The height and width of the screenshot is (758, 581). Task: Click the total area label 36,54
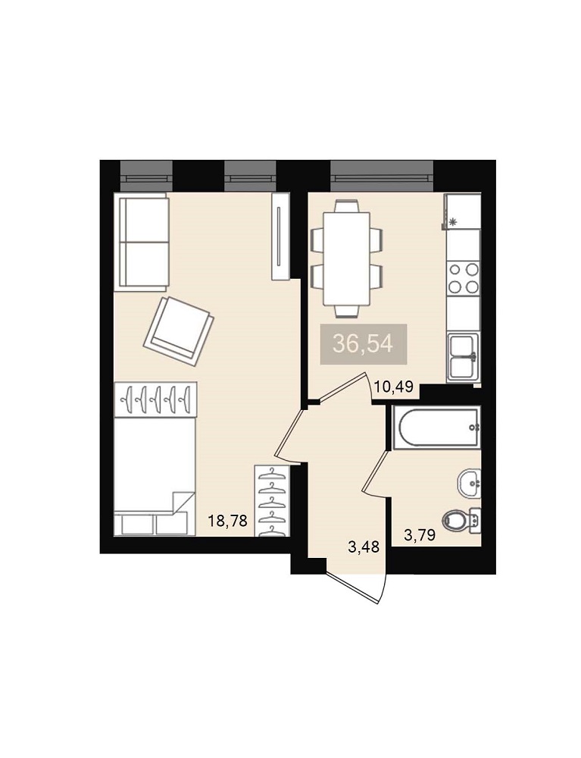click(x=363, y=345)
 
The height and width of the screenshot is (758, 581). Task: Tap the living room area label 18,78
click(x=227, y=522)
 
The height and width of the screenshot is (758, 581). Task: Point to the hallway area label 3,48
click(x=363, y=547)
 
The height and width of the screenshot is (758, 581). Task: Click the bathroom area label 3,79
click(x=420, y=534)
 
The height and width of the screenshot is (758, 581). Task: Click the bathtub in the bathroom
click(x=437, y=428)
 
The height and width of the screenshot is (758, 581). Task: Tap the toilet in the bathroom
click(x=463, y=522)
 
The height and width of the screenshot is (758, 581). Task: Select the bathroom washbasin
click(x=469, y=482)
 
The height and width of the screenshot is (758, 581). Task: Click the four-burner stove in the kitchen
click(x=463, y=278)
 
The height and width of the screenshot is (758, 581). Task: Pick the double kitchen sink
click(x=463, y=357)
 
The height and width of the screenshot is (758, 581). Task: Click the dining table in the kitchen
click(x=347, y=259)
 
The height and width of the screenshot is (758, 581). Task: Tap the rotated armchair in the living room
click(x=179, y=330)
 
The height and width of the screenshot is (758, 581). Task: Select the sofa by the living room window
click(x=141, y=242)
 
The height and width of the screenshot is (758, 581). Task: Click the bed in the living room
click(x=155, y=477)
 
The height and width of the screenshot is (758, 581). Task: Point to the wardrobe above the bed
click(x=155, y=399)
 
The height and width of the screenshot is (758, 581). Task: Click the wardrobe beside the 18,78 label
click(x=272, y=501)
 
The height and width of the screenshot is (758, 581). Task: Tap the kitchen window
click(x=382, y=177)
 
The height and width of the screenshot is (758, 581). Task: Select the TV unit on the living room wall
click(x=280, y=236)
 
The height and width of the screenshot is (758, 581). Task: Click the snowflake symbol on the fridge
click(x=452, y=222)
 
